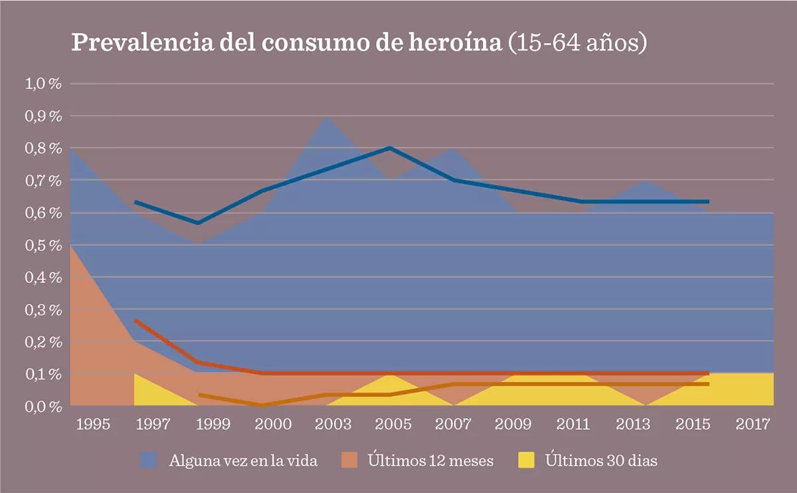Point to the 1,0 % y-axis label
[43, 84]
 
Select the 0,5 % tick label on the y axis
[43, 245]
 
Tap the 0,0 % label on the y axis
[43, 406]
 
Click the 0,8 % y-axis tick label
[43, 148]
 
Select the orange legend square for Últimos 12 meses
[350, 460]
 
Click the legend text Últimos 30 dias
[601, 460]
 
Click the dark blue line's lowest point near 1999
[198, 223]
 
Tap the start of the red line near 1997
[135, 321]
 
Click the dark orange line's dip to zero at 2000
[262, 405]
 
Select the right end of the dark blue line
[708, 201]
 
